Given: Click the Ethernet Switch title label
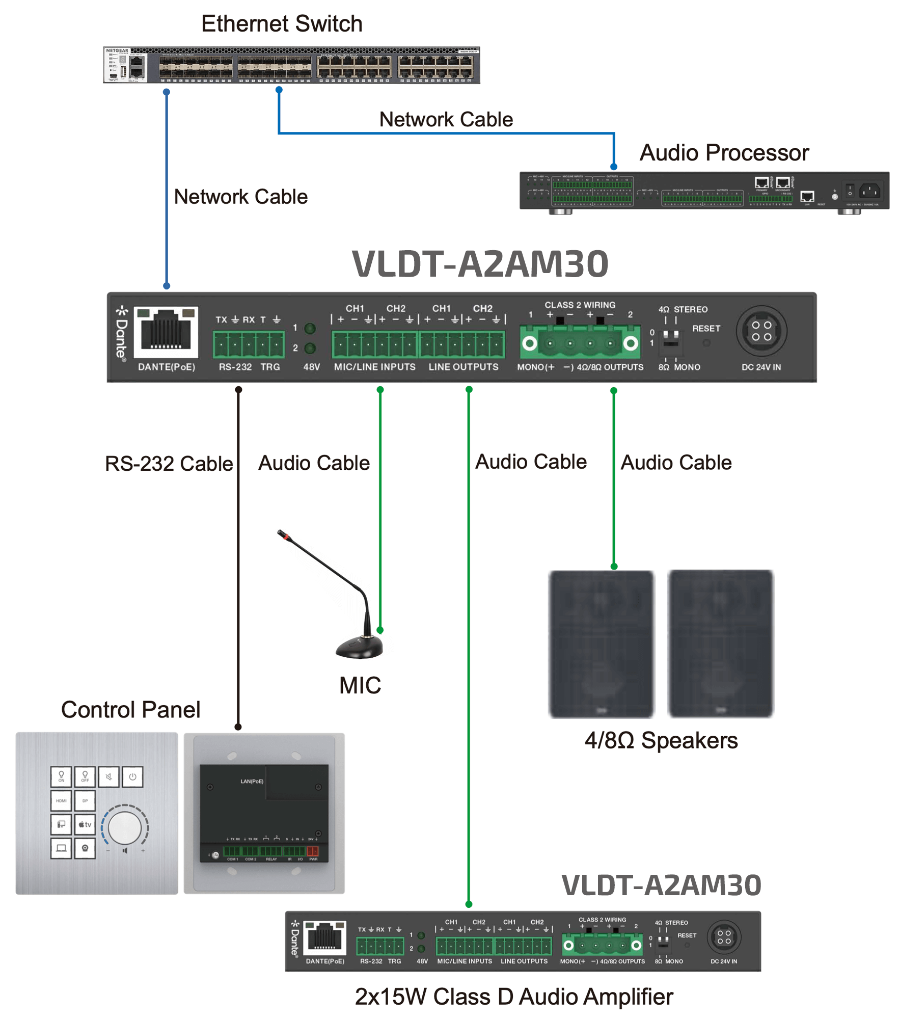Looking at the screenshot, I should click(282, 24).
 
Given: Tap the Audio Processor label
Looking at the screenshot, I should click(724, 153).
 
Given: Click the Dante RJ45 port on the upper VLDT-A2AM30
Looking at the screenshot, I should click(166, 331).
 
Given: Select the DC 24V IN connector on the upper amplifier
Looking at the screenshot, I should click(761, 331).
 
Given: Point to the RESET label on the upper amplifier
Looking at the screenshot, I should click(706, 329).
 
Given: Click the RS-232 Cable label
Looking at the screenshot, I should click(169, 464).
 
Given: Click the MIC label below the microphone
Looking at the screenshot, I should click(360, 685).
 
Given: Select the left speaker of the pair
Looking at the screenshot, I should click(601, 644).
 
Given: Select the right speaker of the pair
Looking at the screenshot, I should click(720, 644).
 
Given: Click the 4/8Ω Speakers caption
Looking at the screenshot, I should click(661, 740).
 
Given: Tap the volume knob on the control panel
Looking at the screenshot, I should click(125, 827).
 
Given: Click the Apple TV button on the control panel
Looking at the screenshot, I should click(85, 824).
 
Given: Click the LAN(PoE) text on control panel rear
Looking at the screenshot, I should click(252, 781).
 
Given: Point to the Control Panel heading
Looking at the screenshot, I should click(130, 710).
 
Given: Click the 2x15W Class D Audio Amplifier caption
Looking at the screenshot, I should click(513, 997).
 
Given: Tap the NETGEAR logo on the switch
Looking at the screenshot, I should click(117, 50).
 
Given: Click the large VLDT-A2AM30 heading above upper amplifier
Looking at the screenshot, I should click(480, 264).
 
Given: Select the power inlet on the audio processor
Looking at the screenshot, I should click(869, 191).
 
